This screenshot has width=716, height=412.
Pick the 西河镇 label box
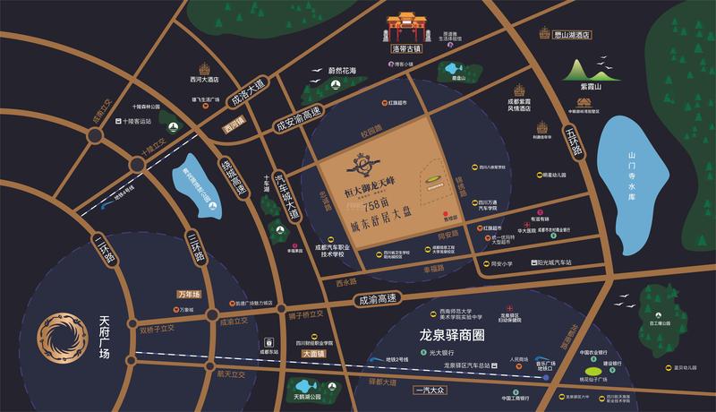pyautogui.click(x=236, y=126)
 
